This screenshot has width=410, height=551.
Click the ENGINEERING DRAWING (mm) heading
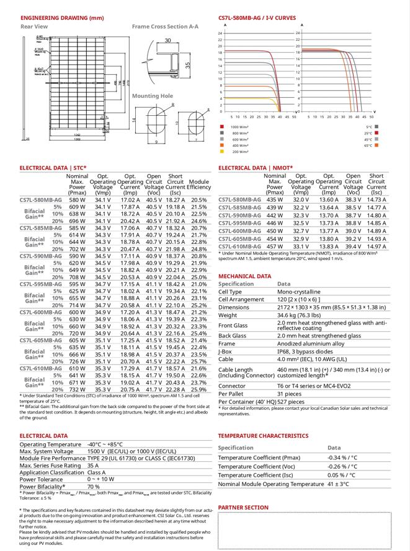point(53,18)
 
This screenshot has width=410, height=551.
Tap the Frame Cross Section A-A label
point(165,27)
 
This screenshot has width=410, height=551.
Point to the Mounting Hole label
point(152,96)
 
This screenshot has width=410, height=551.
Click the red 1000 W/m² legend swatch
point(222,127)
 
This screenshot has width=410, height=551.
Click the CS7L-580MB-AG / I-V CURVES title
point(257,18)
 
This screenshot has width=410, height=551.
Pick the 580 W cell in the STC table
point(77,200)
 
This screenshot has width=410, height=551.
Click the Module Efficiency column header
point(198,184)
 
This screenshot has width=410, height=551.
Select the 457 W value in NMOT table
point(274,246)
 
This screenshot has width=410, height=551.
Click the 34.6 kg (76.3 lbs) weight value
point(303,316)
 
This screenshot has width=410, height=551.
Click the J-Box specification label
point(225,352)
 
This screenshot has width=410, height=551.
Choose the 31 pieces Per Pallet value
point(289,394)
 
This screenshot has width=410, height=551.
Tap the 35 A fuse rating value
point(93,465)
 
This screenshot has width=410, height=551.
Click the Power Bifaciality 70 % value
point(93,487)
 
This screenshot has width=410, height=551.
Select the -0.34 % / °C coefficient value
point(342,458)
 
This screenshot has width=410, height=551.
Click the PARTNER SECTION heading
point(243,508)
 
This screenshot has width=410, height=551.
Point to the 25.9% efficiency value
point(198,390)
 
